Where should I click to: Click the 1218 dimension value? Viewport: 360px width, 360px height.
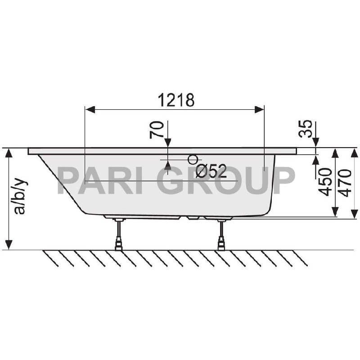[x=176, y=100]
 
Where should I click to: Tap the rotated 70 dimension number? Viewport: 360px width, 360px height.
[x=157, y=130]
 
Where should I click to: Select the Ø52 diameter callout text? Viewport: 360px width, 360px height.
[x=211, y=171]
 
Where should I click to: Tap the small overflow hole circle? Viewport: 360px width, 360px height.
[x=193, y=159]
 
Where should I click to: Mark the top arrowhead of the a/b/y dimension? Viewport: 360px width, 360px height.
[x=9, y=153]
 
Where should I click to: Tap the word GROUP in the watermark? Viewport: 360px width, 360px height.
[x=227, y=180]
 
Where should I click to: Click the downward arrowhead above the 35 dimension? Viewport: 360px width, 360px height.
[x=315, y=143]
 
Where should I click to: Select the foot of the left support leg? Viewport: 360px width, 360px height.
[x=119, y=246]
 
